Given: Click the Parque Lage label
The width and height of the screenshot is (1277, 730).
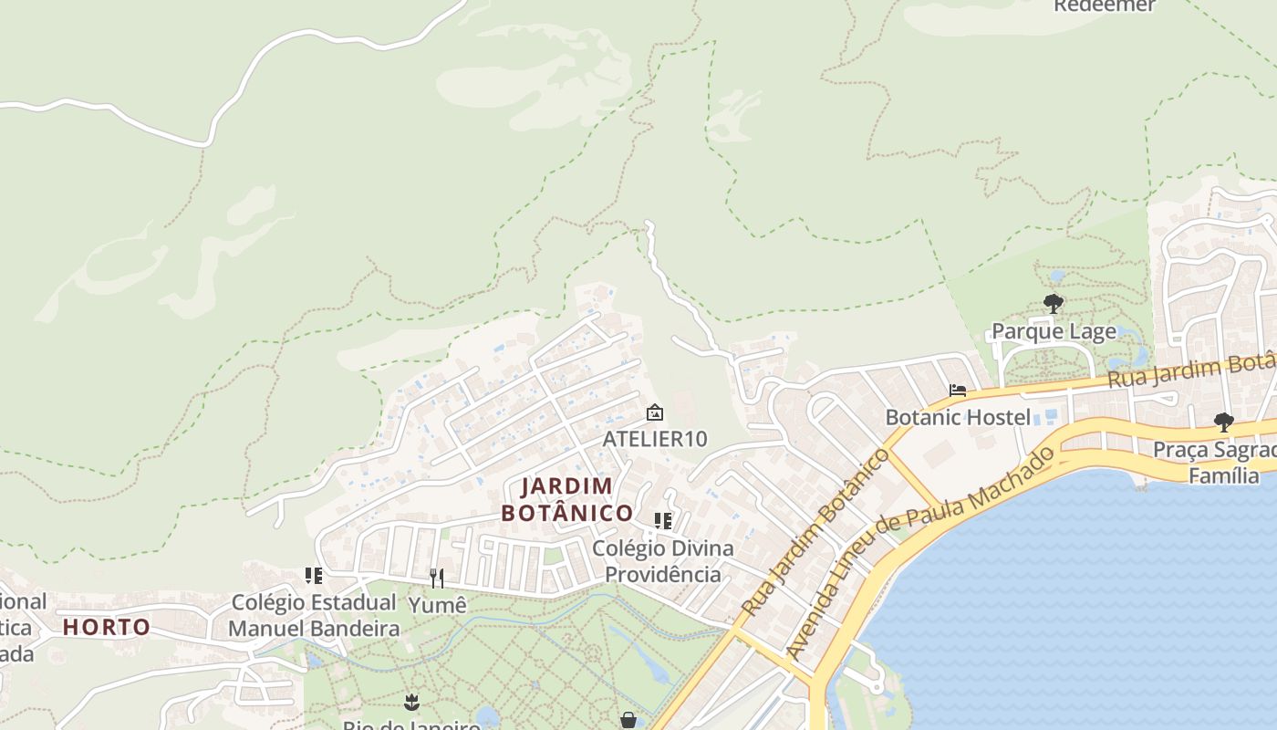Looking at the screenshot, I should [x=1054, y=331].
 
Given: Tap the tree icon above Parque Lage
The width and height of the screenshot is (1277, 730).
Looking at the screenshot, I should [x=1054, y=304].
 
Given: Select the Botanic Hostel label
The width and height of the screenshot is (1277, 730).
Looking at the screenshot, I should [x=958, y=417].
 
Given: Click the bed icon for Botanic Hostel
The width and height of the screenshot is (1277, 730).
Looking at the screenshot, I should [x=958, y=391].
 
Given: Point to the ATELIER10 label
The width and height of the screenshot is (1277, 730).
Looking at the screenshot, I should [x=654, y=439].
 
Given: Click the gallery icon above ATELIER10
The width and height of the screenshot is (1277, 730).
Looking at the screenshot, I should [x=654, y=412].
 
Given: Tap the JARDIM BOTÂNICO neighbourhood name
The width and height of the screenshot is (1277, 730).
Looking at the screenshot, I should [x=566, y=499].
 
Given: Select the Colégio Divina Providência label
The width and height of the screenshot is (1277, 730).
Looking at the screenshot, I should [x=663, y=561].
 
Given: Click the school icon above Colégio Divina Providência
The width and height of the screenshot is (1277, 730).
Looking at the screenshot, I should [x=663, y=521].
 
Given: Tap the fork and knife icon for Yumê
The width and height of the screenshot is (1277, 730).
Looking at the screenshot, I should [x=437, y=578].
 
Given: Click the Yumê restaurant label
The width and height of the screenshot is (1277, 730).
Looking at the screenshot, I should [x=437, y=605].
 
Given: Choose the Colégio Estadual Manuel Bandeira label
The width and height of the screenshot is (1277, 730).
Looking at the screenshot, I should [x=314, y=615].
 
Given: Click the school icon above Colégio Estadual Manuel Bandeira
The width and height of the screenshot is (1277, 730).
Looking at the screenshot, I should [x=314, y=576].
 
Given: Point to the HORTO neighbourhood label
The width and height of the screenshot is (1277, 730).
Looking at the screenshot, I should [x=107, y=627].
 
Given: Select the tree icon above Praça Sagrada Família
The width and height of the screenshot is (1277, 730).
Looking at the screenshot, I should [x=1223, y=422].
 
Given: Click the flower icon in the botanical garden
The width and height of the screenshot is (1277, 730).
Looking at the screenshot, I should [x=411, y=702].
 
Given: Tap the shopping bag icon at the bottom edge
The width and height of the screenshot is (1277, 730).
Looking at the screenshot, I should [x=628, y=721].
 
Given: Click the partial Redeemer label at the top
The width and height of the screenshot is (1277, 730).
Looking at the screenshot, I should [x=1104, y=6].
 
